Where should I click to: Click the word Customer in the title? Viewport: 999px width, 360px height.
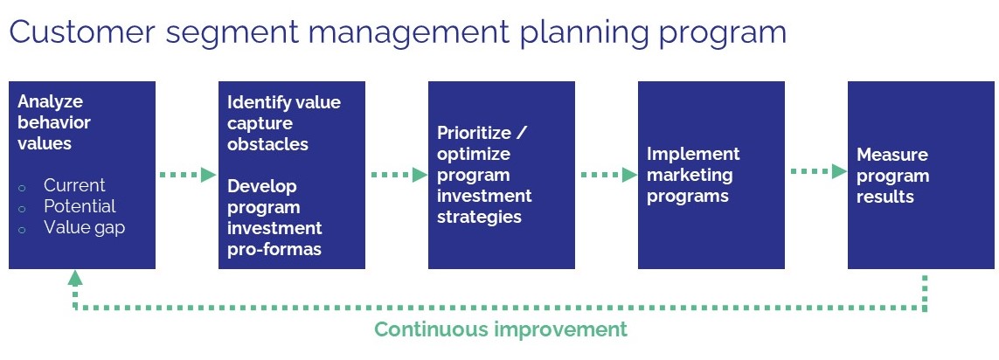83,32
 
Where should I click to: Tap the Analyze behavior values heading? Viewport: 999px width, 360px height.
54,122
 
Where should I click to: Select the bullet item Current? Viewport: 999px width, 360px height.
74,185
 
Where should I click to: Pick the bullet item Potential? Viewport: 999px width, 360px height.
80,206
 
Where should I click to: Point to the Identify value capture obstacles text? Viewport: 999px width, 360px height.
283,123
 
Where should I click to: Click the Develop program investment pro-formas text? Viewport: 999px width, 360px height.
274,218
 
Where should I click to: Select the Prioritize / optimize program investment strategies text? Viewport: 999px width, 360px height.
485,175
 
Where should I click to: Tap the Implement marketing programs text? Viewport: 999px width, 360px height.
693,175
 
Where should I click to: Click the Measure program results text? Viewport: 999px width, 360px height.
892,176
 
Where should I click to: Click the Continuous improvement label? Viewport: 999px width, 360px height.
501,329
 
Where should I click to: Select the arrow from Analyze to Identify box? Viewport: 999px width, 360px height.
187,175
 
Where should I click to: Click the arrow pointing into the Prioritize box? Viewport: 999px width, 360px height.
398,175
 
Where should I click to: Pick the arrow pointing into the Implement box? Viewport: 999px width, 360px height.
607,175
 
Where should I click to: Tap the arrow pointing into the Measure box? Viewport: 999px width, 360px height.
818,171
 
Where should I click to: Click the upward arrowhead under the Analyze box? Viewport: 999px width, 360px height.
75,278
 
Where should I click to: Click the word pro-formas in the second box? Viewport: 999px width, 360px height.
274,249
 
